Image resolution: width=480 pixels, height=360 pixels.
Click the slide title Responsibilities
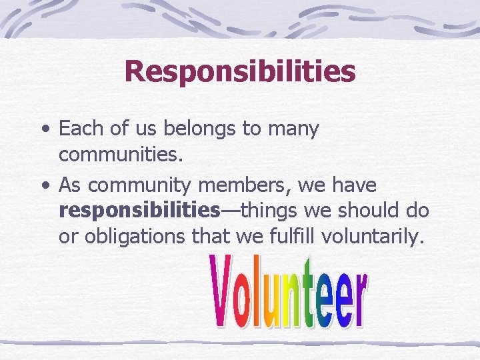pos(239,71)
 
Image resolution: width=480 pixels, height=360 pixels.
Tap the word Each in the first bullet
pos(79,128)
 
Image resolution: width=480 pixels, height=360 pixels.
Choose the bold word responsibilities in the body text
pos(139,211)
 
